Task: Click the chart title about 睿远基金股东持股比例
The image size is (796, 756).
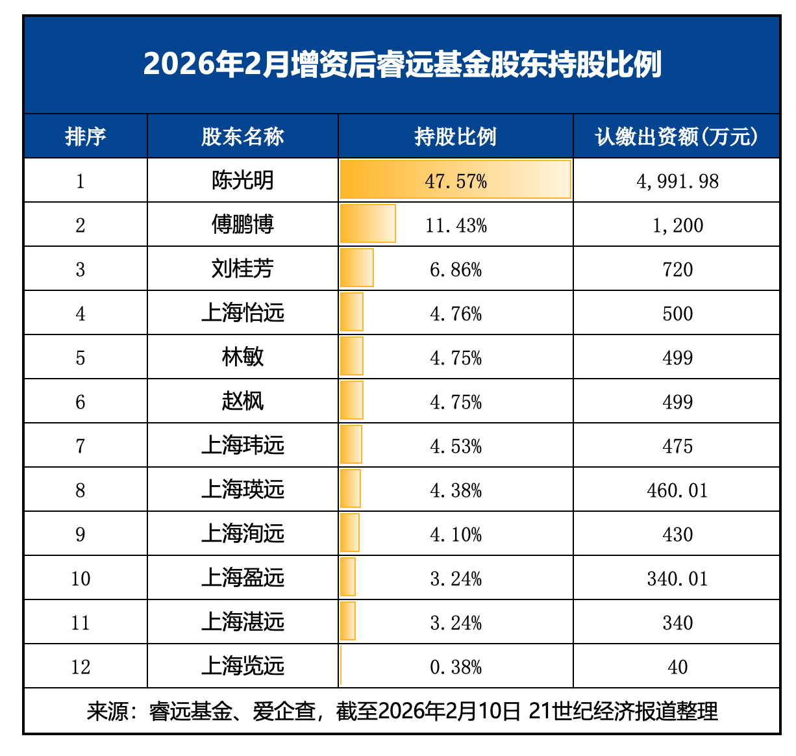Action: [x=402, y=64]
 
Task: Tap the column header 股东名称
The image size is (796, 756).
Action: [x=242, y=136]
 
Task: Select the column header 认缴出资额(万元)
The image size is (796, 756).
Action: [x=677, y=136]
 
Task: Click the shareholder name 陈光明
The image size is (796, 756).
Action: [x=242, y=181]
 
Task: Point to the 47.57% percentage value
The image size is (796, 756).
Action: [x=456, y=181]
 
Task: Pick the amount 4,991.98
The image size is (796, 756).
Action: [x=677, y=181]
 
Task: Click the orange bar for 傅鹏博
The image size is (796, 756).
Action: [x=367, y=224]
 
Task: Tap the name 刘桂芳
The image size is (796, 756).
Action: [x=242, y=269]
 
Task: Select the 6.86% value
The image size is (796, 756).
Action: [x=456, y=270]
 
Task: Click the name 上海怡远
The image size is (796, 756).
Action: [x=242, y=313]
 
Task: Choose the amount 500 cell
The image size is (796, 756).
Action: [x=677, y=314]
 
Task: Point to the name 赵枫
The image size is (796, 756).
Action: [x=242, y=401]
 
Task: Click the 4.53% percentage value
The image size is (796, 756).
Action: [x=456, y=446]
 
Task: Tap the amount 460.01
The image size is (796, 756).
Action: [x=677, y=490]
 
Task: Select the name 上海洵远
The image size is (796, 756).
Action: [x=242, y=534]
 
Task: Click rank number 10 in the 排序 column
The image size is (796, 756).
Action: [x=81, y=579]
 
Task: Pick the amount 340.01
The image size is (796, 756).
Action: [x=677, y=579]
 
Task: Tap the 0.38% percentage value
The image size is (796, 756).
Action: [x=456, y=667]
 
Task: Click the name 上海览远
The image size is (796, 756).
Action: [x=242, y=666]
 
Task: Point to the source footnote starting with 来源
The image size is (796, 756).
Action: [x=402, y=711]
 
